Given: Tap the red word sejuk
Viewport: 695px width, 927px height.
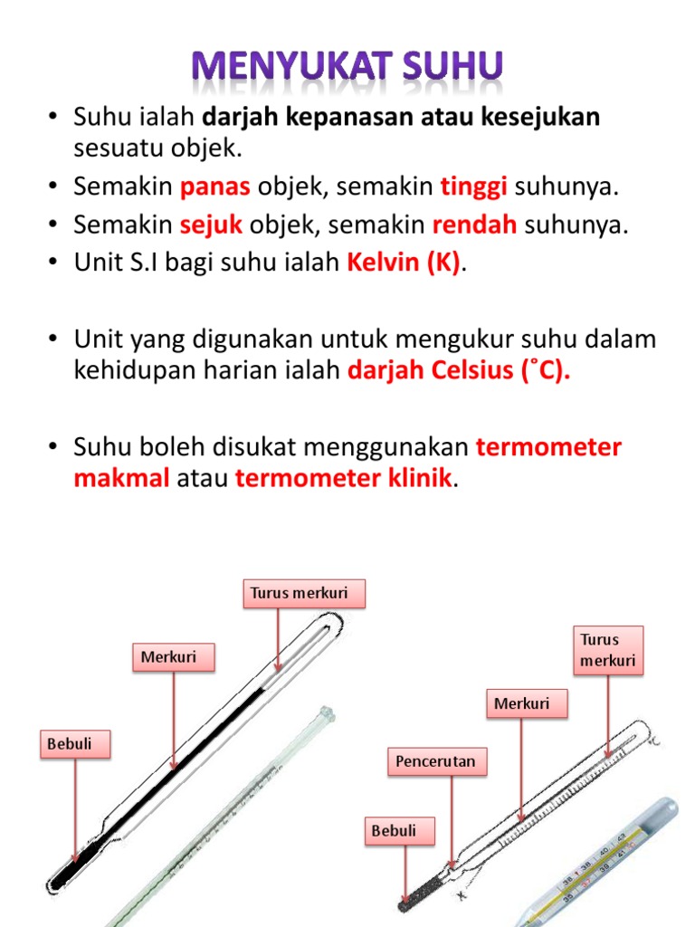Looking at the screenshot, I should point(215,225).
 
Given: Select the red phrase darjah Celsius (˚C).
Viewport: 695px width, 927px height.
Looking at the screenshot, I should point(459,375).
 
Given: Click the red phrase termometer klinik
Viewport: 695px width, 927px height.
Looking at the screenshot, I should point(343,479).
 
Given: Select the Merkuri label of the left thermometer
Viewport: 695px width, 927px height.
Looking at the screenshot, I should point(174,657).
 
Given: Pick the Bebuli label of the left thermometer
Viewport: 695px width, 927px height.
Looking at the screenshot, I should point(76,744).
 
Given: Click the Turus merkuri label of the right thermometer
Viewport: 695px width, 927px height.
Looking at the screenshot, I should point(607,650).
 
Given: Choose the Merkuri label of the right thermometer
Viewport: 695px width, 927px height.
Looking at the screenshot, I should point(528,703).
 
